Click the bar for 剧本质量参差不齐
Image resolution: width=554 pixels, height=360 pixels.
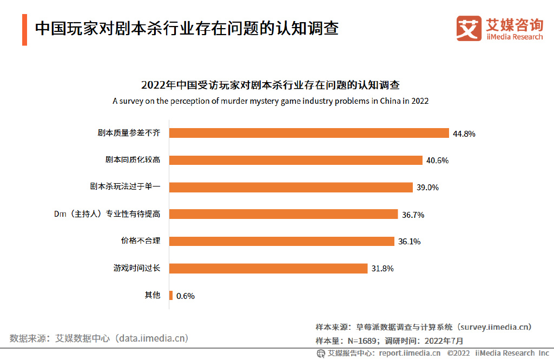click(x=309, y=133)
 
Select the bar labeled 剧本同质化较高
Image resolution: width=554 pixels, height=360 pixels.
click(x=295, y=160)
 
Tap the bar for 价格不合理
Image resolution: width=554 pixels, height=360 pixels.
click(x=281, y=241)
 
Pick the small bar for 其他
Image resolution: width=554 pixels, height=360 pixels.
click(x=171, y=295)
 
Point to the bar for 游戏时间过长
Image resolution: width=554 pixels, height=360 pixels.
click(x=268, y=268)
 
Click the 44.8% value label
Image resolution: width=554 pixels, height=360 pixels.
click(x=465, y=134)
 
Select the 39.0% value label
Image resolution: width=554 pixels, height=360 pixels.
click(x=427, y=188)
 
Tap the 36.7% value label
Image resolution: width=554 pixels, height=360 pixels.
click(x=413, y=215)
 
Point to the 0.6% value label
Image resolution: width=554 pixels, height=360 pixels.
click(x=186, y=296)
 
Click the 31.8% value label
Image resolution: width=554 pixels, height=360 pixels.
click(x=382, y=269)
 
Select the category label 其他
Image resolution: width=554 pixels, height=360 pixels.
click(x=153, y=295)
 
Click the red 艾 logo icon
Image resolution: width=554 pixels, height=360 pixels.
click(x=469, y=28)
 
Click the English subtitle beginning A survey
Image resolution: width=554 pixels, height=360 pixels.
click(x=271, y=101)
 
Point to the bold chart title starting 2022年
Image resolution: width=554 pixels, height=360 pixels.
click(x=271, y=85)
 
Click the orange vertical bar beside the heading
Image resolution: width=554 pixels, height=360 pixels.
click(x=24, y=30)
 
